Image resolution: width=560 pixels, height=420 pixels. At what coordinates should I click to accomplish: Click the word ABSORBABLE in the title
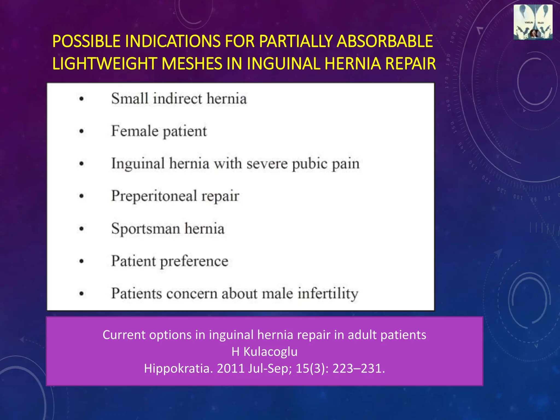[x=385, y=41]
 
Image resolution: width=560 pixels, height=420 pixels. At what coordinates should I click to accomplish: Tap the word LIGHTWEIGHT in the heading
[x=104, y=63]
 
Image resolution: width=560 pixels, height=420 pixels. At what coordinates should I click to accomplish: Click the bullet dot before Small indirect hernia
[x=81, y=99]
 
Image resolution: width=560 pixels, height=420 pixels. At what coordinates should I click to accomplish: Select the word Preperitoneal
[x=154, y=196]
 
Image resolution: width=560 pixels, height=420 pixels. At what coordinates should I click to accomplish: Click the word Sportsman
[x=145, y=229]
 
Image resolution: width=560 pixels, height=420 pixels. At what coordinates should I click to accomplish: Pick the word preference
[x=194, y=261]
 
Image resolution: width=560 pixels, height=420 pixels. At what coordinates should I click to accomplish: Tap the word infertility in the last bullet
[x=328, y=293]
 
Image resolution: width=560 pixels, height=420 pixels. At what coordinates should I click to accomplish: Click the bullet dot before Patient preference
[x=81, y=261]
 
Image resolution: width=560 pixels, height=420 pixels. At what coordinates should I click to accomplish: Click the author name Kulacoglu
[x=270, y=352]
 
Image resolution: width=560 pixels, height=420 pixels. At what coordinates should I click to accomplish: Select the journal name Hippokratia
[x=178, y=368]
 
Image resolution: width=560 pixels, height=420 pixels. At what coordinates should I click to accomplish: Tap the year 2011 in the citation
[x=231, y=368]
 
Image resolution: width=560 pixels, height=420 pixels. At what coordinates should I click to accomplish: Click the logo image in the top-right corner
[x=533, y=22]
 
